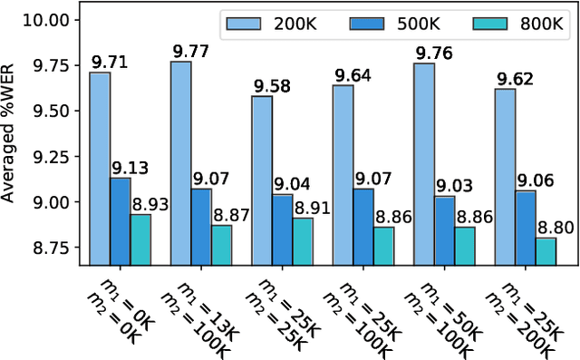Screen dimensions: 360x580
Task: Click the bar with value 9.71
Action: (x=100, y=169)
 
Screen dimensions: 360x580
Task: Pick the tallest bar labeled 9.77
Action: (x=180, y=163)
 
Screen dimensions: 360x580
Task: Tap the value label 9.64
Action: (x=351, y=76)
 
